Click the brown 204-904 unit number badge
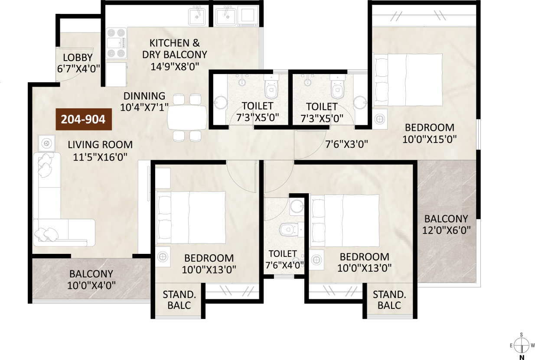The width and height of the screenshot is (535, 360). coord(84,120)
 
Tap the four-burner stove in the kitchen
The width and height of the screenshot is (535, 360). coord(116,43)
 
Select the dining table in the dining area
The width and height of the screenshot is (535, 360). coord(187,118)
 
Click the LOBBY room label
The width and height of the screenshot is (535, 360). coord(78,58)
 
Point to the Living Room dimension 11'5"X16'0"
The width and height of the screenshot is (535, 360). coord(100,157)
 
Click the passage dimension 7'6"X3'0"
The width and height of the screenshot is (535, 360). coord(346,144)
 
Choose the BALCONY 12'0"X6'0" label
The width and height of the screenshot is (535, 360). coord(447,225)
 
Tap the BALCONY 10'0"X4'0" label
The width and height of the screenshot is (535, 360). coord(91,279)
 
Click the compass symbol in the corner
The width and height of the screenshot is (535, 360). coord(522,345)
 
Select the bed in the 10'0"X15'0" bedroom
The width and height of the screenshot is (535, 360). coord(408,80)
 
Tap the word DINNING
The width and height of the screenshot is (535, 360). coord(144,96)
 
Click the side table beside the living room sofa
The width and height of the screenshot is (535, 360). coord(46,143)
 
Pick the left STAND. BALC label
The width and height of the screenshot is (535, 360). coord(179,300)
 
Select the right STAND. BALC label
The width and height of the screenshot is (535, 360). coord(390,300)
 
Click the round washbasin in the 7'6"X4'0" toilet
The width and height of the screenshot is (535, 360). coord(297,205)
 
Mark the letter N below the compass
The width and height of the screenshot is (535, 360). coord(522,357)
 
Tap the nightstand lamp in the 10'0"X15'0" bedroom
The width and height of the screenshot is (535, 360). coord(379,119)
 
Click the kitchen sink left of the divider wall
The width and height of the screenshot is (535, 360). coord(197,16)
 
